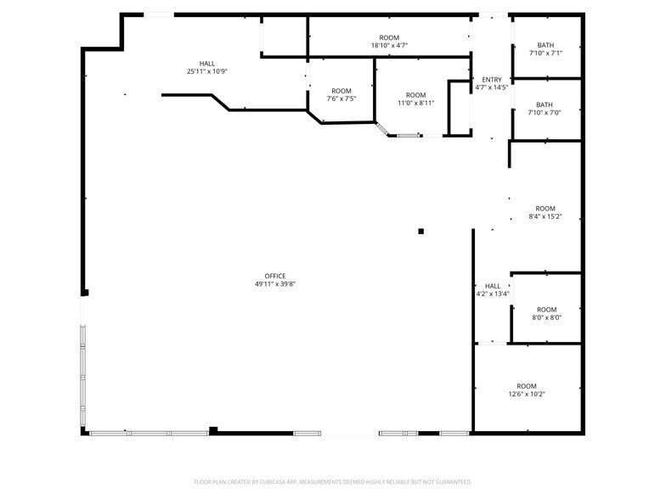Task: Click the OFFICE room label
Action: pyautogui.click(x=275, y=276)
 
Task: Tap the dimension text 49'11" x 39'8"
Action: pyautogui.click(x=275, y=283)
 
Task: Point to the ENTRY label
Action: pyautogui.click(x=492, y=80)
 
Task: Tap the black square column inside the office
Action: pyautogui.click(x=421, y=231)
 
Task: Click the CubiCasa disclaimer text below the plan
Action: pyautogui.click(x=333, y=482)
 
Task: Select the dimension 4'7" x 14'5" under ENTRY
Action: pyautogui.click(x=492, y=88)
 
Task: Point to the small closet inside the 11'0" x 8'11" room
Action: pyautogui.click(x=460, y=109)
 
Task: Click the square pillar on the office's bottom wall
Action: pyautogui.click(x=213, y=430)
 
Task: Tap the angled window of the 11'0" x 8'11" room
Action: pyautogui.click(x=382, y=129)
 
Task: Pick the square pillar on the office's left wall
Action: pyautogui.click(x=85, y=292)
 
